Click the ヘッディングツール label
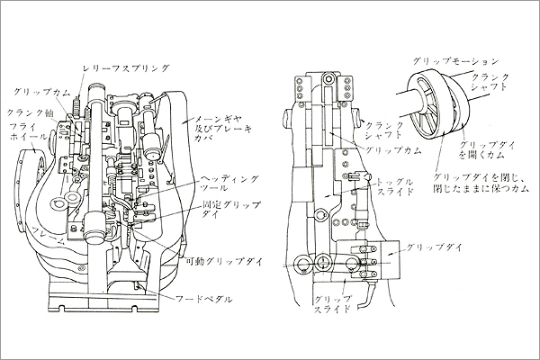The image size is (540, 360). tap(221, 183)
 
